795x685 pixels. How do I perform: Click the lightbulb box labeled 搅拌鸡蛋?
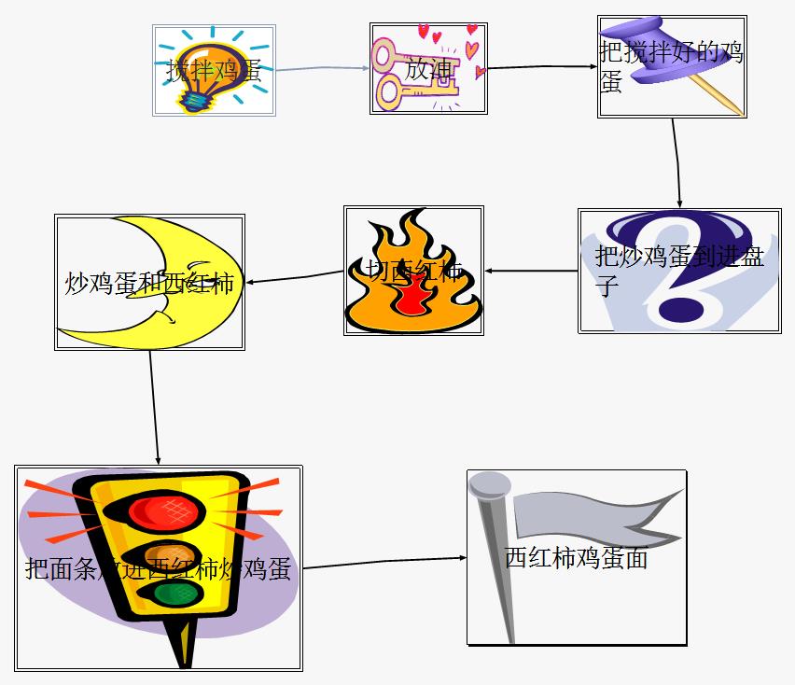214,70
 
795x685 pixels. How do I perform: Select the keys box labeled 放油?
428,68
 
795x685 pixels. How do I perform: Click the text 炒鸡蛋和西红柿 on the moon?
149,283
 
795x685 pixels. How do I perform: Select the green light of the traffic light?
168,594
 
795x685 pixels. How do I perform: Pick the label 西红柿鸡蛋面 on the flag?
576,558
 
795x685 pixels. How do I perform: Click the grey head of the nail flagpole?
489,484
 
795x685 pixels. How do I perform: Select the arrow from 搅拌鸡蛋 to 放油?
322,69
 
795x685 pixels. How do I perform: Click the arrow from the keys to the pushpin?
542,67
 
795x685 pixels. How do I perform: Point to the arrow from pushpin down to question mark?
676,162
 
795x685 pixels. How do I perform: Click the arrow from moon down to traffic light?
154,407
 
